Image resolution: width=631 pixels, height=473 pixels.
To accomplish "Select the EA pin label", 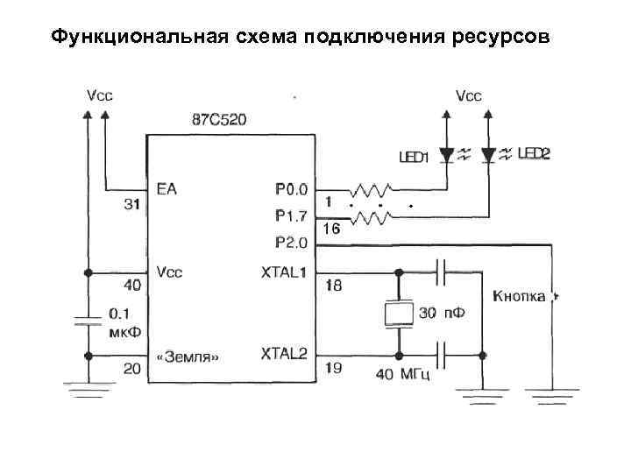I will (x=167, y=188).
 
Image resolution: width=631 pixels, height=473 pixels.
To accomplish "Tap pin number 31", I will (x=131, y=205).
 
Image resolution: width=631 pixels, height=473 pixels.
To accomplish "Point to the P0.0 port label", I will (x=291, y=188).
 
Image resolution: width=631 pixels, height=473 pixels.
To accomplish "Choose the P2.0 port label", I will (x=291, y=242).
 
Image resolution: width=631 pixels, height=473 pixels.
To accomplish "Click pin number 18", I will (x=333, y=286).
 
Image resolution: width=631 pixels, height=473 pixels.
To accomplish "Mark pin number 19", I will (x=333, y=369).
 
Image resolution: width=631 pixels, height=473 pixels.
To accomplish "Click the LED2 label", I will (x=534, y=154).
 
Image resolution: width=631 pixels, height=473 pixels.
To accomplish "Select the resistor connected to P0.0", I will (x=371, y=189).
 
